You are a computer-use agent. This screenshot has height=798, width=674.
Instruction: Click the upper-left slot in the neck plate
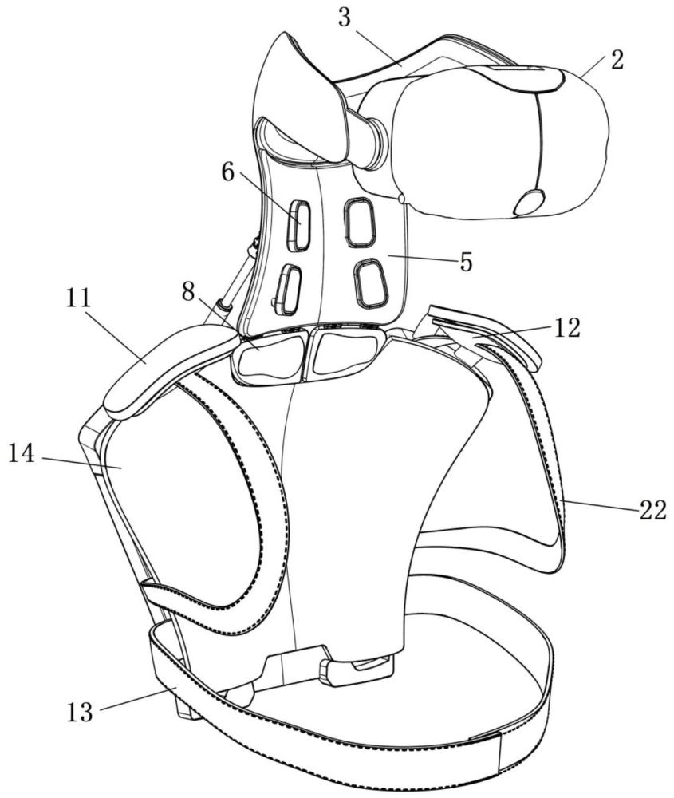tap(300, 223)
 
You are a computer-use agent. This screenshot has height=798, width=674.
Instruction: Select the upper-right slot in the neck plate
tap(360, 221)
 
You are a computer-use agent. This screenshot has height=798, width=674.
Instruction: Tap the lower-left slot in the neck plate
tap(287, 288)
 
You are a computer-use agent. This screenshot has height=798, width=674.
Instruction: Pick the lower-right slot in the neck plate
tap(370, 282)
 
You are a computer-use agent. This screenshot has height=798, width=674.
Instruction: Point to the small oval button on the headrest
tap(529, 202)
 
